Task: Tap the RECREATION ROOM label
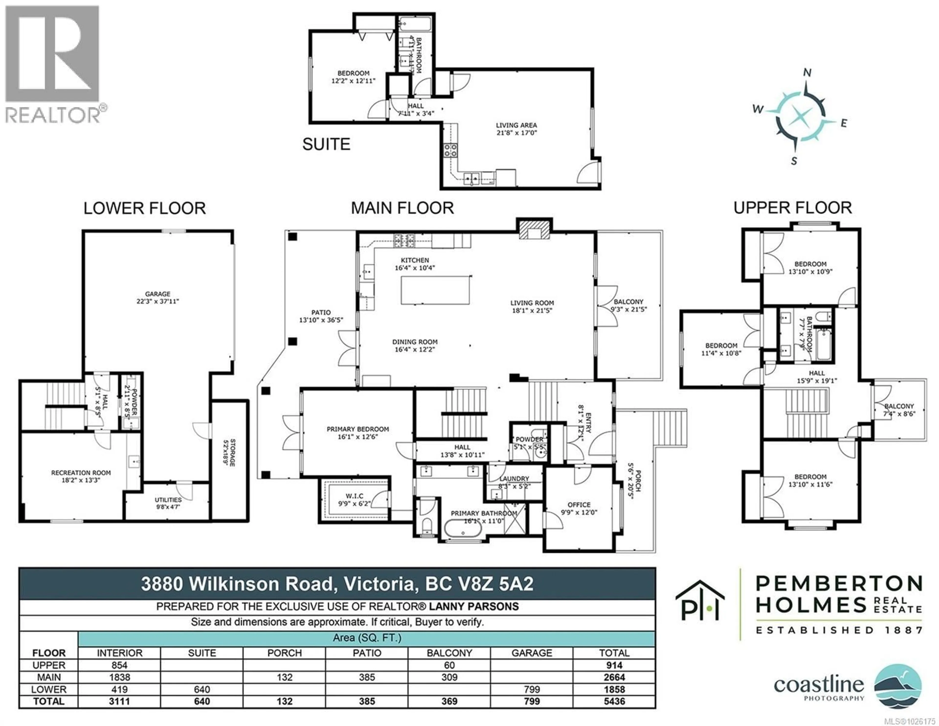[x=81, y=472]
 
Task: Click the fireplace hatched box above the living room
[x=534, y=230]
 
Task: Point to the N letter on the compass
[x=807, y=73]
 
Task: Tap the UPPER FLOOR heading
[x=792, y=208]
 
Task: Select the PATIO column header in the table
[x=367, y=653]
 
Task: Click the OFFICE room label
[x=579, y=504]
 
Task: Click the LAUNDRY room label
[x=514, y=479]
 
